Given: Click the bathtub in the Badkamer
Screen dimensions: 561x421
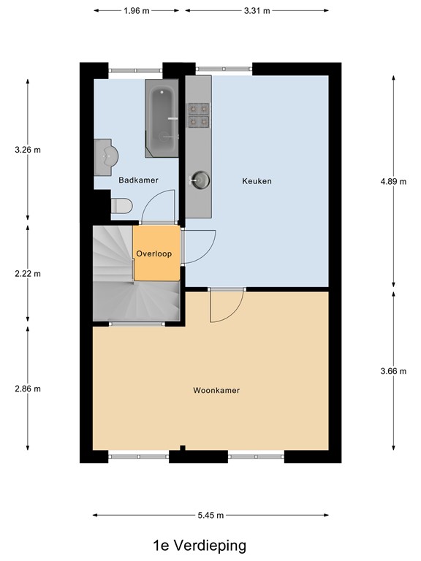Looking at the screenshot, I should (x=162, y=119).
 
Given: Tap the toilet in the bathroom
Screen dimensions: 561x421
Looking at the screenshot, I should (x=119, y=206).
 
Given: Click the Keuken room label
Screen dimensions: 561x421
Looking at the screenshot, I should (x=257, y=181).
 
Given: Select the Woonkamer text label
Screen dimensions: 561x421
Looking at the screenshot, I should (x=216, y=390).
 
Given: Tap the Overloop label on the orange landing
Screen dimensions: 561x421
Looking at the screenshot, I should (x=153, y=253).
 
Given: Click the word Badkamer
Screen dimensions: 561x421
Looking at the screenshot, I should (x=138, y=180).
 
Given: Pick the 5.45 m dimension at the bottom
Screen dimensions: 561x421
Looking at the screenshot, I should (x=211, y=516).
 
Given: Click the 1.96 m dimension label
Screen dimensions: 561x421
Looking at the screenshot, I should (x=137, y=11).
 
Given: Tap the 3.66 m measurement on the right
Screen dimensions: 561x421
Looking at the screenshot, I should (x=393, y=371).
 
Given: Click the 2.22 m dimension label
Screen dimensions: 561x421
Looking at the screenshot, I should (x=28, y=274).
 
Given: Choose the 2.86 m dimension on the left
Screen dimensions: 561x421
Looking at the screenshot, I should (x=28, y=389).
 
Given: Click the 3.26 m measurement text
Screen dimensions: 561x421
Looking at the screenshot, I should (x=28, y=150).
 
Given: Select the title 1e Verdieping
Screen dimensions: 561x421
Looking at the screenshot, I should (x=200, y=545).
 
